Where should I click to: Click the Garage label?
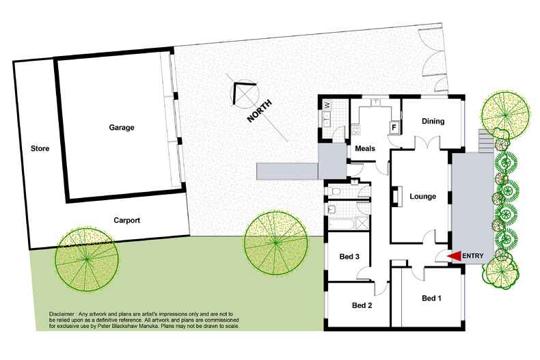pyautogui.click(x=121, y=127)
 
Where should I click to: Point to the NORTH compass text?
pyautogui.click(x=260, y=111)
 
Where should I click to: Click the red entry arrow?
pyautogui.click(x=454, y=255)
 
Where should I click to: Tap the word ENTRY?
pyautogui.click(x=474, y=255)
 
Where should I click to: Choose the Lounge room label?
pyautogui.click(x=422, y=197)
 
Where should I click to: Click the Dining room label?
pyautogui.click(x=433, y=122)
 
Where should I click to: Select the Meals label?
pyautogui.click(x=366, y=149)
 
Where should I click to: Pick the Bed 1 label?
pyautogui.click(x=432, y=299)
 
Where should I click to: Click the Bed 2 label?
pyautogui.click(x=361, y=305)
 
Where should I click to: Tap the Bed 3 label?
pyautogui.click(x=349, y=257)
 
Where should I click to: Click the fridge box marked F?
pyautogui.click(x=394, y=126)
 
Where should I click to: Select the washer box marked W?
pyautogui.click(x=327, y=105)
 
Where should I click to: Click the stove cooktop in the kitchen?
pyautogui.click(x=355, y=128)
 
